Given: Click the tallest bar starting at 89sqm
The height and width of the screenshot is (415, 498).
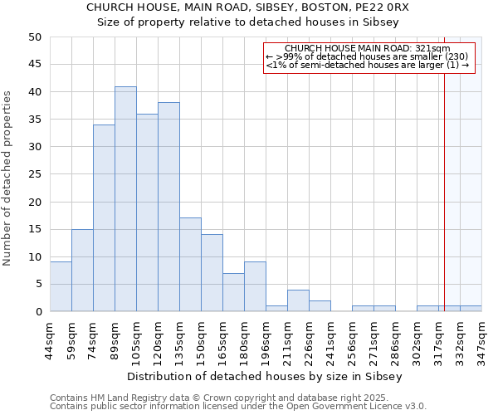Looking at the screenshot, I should [125, 199].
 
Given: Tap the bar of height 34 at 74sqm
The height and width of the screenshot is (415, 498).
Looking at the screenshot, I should [104, 218].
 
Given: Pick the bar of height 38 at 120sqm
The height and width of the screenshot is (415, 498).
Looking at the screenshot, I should [168, 207].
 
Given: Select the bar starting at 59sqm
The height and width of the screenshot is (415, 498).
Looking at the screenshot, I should [82, 271].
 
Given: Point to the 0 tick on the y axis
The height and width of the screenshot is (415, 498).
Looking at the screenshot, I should [38, 312].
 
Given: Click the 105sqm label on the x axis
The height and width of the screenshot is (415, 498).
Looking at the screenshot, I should [136, 335].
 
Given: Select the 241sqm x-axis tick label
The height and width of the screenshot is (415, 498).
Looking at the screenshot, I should [330, 335].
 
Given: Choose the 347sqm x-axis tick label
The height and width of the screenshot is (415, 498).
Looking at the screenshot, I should [481, 335].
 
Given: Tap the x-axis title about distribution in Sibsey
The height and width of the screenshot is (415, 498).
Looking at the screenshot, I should [266, 376].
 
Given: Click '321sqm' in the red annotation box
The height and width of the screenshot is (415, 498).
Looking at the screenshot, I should [435, 49].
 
